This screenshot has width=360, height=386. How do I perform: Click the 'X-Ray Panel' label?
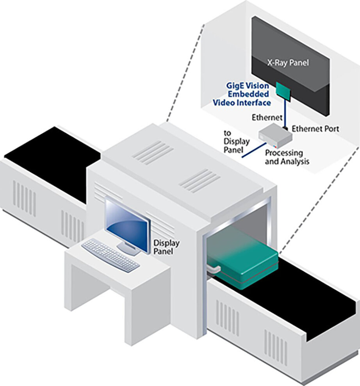click(288, 63)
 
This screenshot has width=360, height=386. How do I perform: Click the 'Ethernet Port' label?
click(315, 129)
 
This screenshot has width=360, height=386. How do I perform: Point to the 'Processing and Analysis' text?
click(287, 157)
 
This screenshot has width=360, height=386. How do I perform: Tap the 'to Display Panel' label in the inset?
click(233, 141)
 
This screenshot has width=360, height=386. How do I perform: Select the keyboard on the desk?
click(110, 255)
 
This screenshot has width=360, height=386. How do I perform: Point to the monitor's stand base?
click(128, 250)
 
